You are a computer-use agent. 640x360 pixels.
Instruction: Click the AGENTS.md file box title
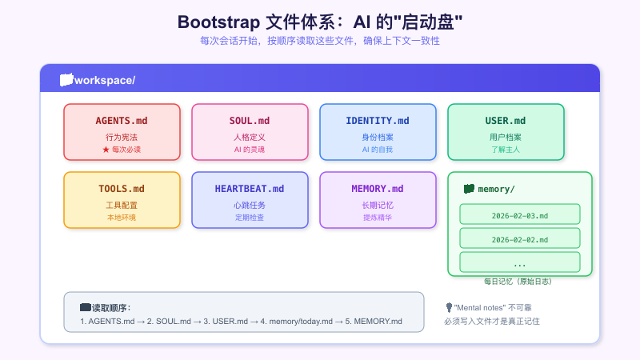tap(122, 121)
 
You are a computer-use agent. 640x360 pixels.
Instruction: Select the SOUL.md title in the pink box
tap(250, 121)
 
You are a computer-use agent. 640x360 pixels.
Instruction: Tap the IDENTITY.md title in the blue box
tap(378, 121)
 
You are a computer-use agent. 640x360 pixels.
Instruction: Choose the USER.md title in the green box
tap(506, 121)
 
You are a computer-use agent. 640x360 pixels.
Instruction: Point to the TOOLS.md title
tap(122, 189)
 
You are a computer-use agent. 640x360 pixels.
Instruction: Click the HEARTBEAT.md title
tap(250, 189)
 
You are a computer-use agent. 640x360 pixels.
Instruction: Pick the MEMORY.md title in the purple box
tap(378, 189)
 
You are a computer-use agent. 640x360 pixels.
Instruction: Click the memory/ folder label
tap(496, 189)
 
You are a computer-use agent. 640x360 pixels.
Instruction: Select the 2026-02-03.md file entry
tap(519, 215)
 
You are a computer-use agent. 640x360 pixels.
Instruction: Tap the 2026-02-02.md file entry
tap(519, 239)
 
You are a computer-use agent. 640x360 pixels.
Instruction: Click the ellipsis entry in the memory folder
tap(519, 263)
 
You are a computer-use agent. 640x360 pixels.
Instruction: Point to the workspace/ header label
tap(105, 80)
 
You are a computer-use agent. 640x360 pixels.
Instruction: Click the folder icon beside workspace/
tap(66, 80)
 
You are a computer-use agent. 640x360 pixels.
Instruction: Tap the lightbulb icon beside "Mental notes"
tap(449, 307)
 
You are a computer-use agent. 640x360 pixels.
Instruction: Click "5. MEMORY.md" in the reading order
tap(374, 322)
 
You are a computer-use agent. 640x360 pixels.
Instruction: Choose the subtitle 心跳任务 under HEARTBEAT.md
tap(250, 205)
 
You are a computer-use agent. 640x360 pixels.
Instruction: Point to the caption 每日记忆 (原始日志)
tap(518, 282)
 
